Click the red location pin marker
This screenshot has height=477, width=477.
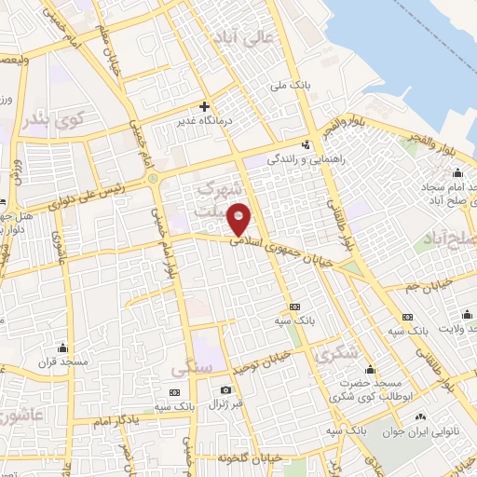[240, 219]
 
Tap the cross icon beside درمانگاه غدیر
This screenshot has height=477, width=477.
[204, 106]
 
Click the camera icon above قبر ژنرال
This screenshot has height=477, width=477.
[225, 390]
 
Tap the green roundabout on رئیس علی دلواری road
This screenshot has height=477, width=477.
[151, 178]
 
